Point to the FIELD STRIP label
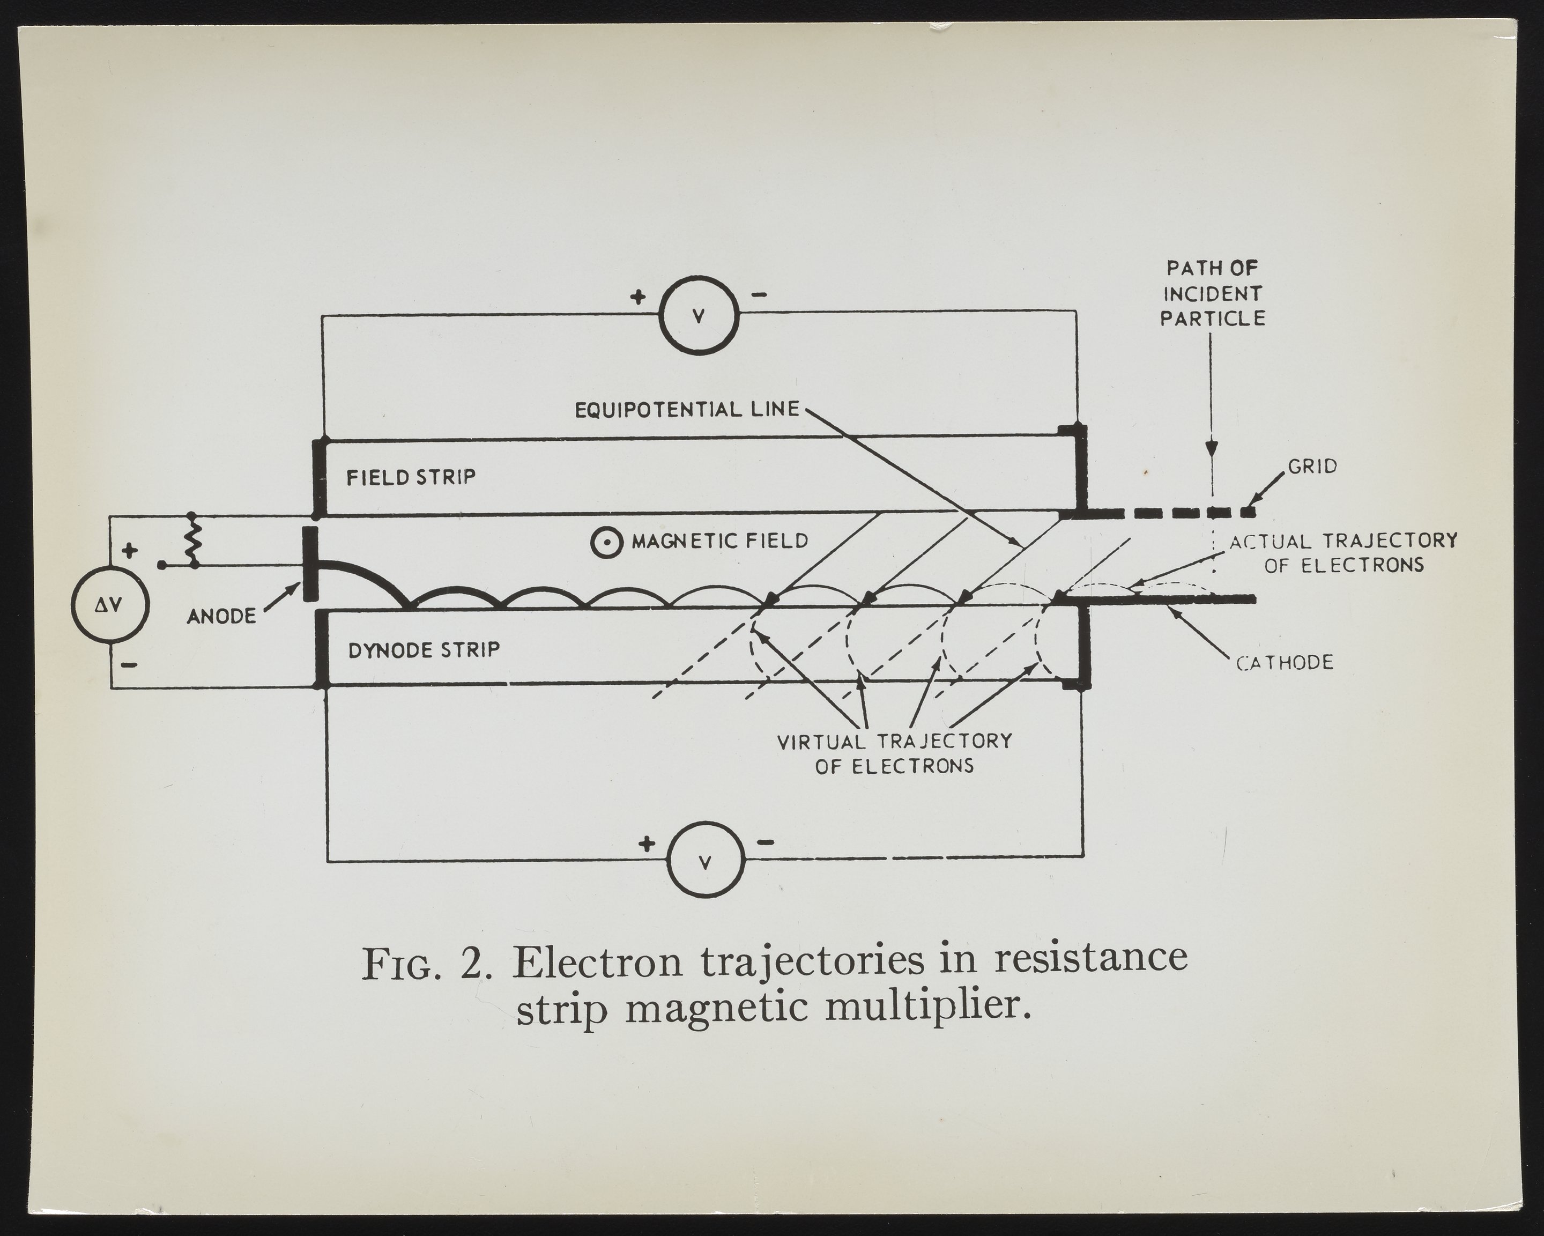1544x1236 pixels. pyautogui.click(x=411, y=477)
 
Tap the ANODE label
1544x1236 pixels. pyautogui.click(x=221, y=616)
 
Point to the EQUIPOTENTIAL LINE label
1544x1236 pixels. pyautogui.click(x=687, y=410)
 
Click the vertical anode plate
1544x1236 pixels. pyautogui.click(x=310, y=564)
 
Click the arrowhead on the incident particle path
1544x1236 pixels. pyautogui.click(x=1211, y=448)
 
